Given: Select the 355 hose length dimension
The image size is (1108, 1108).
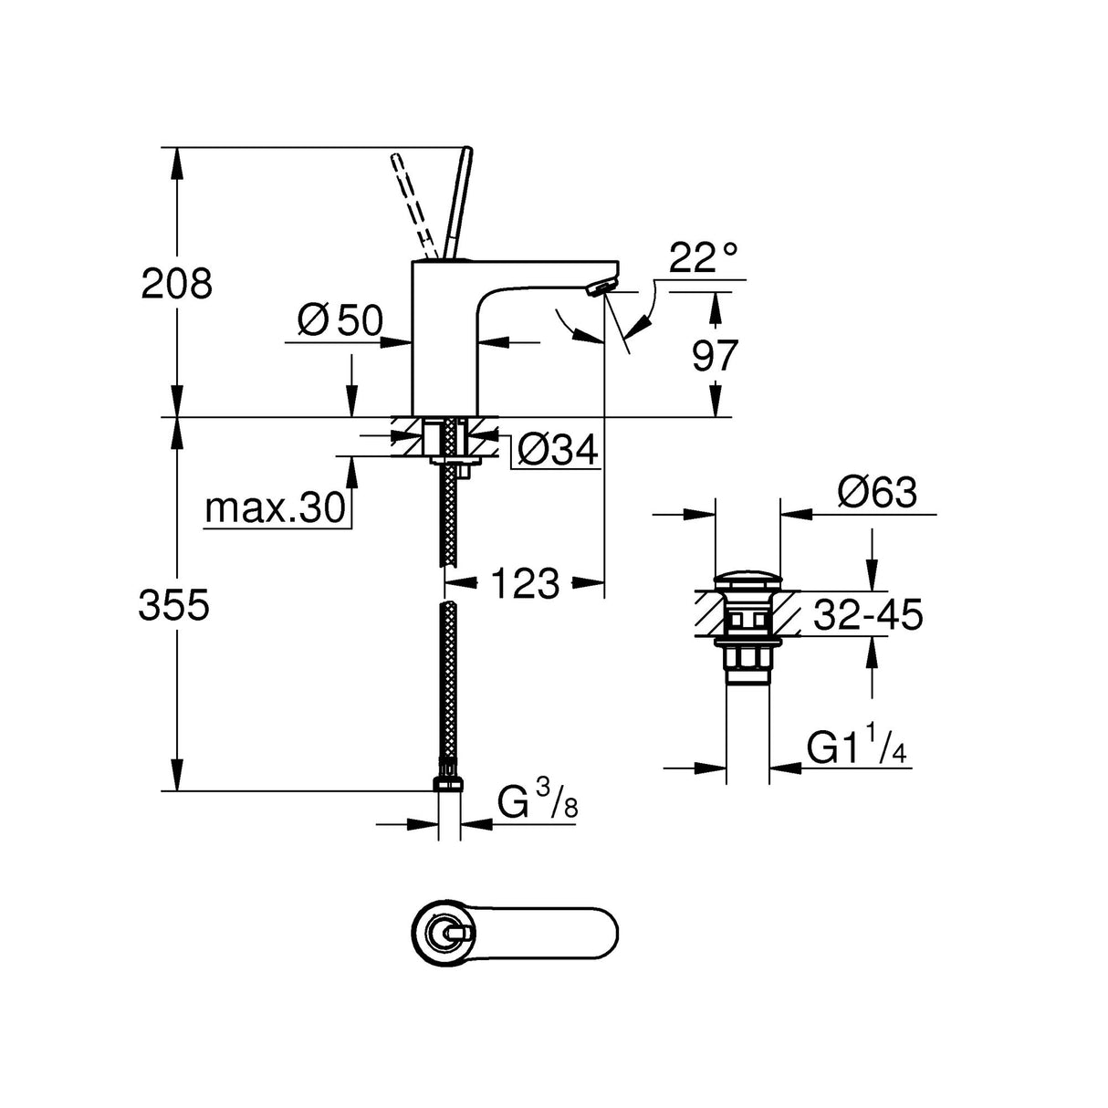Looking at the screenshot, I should (174, 605).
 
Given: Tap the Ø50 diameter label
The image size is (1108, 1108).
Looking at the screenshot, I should (340, 320).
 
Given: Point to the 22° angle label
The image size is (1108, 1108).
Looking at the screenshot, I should (703, 259).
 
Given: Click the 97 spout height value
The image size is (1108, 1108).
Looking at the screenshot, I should (714, 355).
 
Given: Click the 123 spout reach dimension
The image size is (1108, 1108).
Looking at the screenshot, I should (524, 582).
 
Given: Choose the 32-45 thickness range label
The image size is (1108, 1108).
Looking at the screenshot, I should (867, 615).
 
